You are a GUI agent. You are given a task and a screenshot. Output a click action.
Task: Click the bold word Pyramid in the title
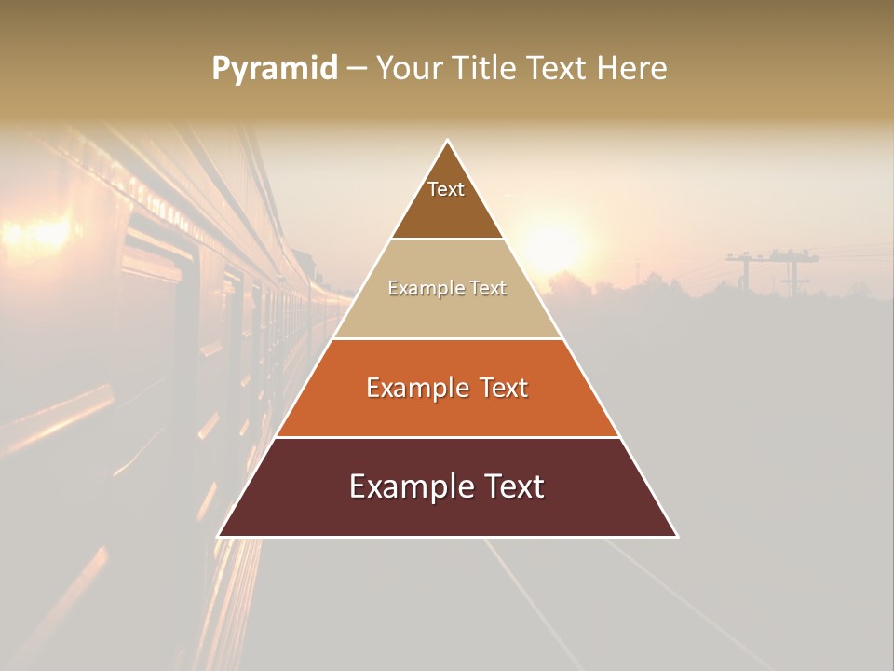tap(275, 68)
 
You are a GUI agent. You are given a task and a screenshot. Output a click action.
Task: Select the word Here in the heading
tap(632, 68)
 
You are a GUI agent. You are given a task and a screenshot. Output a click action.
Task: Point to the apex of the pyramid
tap(448, 142)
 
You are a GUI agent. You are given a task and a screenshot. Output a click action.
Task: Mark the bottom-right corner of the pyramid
tap(676, 536)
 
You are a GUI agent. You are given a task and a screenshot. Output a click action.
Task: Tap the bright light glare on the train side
tap(42, 233)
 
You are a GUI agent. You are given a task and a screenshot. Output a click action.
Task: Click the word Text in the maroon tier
tap(513, 486)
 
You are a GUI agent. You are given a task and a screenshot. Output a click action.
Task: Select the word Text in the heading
tap(557, 68)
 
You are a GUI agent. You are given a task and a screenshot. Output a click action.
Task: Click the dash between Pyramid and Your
tap(356, 68)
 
